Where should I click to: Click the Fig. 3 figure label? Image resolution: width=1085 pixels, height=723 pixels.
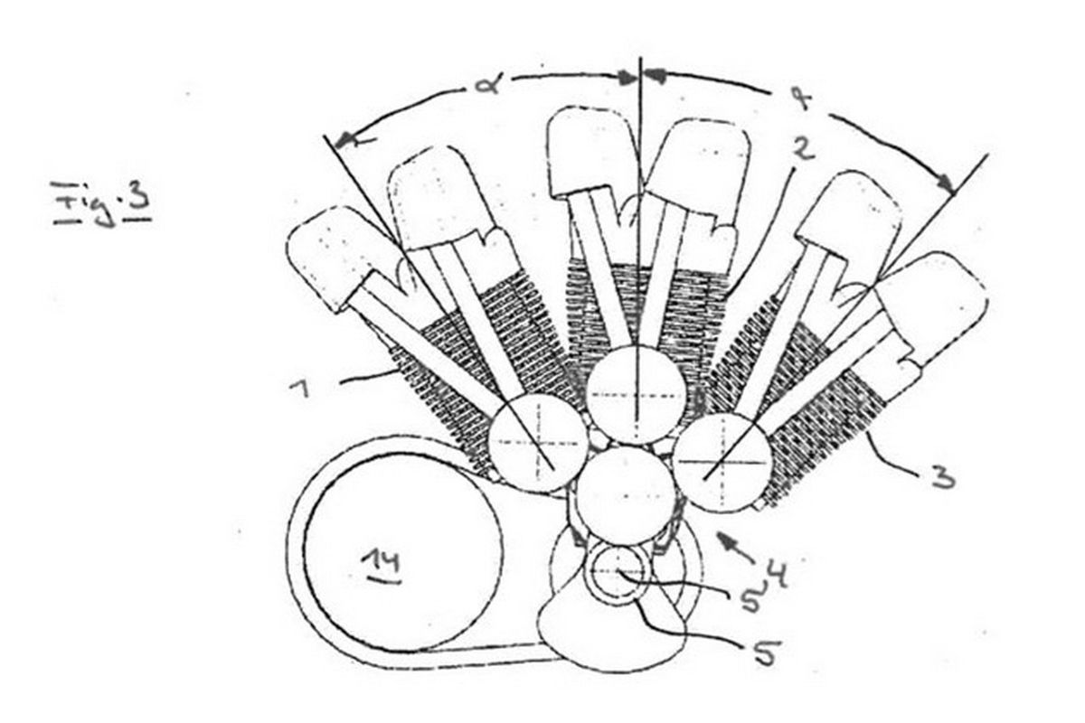point(101,203)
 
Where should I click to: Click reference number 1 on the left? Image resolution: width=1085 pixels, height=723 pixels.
point(300,388)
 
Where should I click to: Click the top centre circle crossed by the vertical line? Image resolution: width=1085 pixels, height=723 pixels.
point(637,394)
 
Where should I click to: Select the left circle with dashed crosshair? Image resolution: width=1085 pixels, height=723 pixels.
point(538,442)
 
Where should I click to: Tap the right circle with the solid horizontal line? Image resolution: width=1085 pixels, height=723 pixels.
point(722,463)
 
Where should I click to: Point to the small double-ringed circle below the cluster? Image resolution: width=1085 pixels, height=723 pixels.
point(615,573)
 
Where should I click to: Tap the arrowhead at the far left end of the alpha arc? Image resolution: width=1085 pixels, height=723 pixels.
point(344,140)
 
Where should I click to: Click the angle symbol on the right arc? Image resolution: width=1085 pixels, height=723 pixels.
point(803,100)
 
